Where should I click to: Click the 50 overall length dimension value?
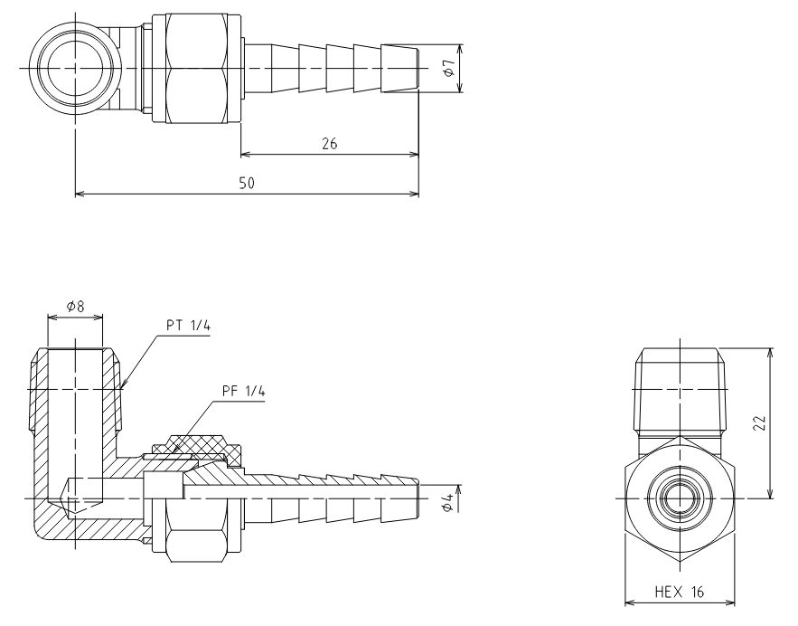click(247, 183)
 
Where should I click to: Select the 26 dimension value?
click(329, 144)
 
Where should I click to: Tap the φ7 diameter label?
click(448, 68)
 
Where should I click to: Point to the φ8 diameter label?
click(75, 306)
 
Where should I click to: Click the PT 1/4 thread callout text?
click(188, 325)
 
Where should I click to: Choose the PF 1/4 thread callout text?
click(244, 391)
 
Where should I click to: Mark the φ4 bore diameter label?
click(447, 502)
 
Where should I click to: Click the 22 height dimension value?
click(759, 422)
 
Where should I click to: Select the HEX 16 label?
click(679, 592)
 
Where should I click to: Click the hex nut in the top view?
click(196, 68)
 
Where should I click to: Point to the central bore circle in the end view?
click(680, 498)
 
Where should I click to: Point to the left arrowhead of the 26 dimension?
click(245, 154)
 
